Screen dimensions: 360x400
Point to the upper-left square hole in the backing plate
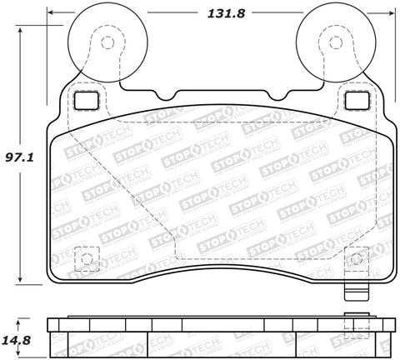coord(86,99)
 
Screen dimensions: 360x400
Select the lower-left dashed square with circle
coord(83,258)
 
